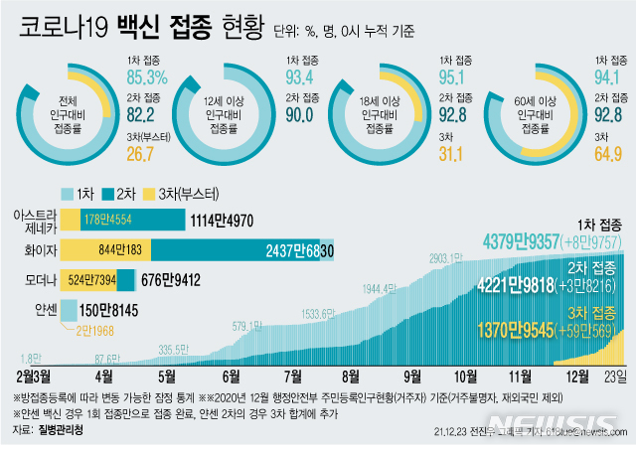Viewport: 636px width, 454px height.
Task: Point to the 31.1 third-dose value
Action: pos(454,154)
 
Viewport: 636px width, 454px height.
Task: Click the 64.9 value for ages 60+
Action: pos(608,154)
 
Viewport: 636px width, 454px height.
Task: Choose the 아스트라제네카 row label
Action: pos(32,220)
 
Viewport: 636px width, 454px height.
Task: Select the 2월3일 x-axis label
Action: pos(37,376)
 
